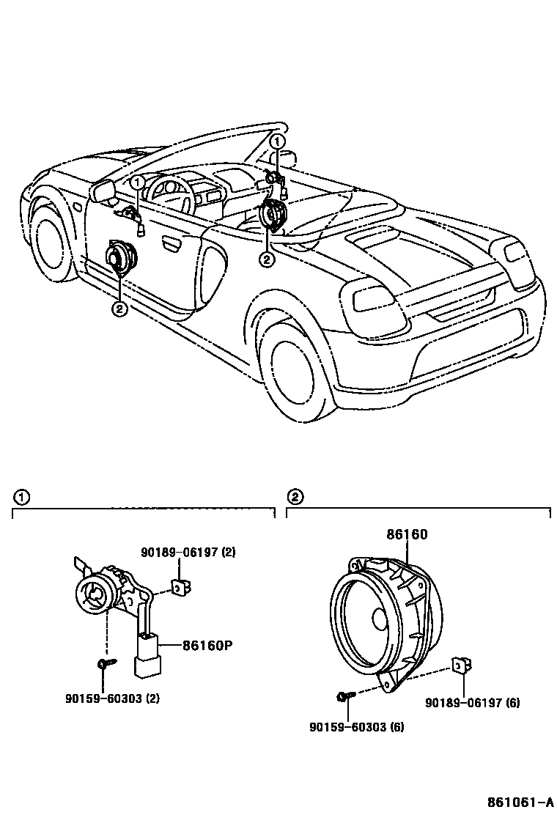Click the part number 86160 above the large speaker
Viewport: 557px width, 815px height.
(407, 536)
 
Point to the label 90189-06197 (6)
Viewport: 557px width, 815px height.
(473, 703)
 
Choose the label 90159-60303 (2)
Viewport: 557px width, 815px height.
(112, 698)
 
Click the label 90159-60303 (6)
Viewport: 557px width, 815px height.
(356, 727)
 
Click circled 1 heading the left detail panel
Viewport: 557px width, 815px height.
(22, 497)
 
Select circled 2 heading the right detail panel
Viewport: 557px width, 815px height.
(295, 497)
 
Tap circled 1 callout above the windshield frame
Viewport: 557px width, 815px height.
(277, 140)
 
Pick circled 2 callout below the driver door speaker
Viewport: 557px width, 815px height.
(119, 309)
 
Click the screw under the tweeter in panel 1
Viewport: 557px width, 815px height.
(103, 663)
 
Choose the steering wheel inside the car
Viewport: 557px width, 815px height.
(171, 192)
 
